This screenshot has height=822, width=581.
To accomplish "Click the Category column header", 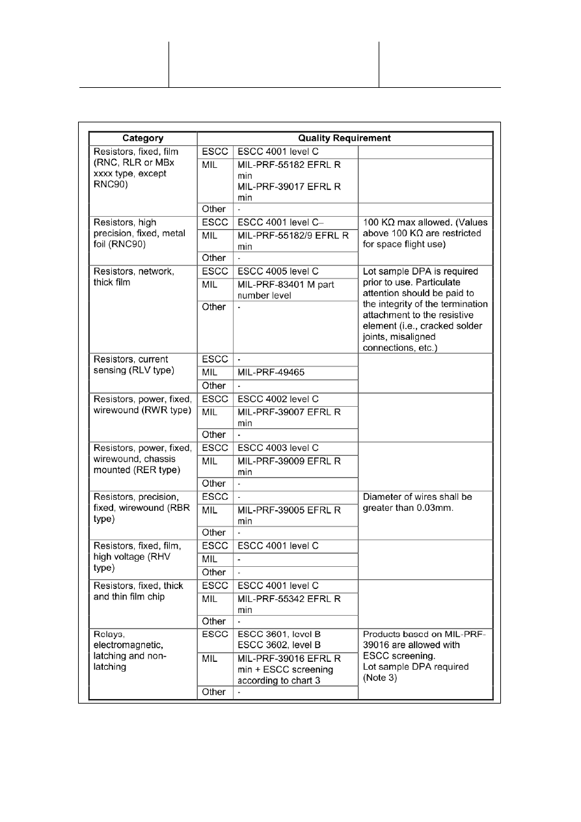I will point(142,138).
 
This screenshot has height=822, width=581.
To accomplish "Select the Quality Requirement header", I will point(345,138).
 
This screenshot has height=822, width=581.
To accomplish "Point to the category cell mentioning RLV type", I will point(142,365).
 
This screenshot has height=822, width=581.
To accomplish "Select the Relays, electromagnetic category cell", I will point(142,651).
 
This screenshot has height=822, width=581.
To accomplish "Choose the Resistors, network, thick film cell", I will point(142,277).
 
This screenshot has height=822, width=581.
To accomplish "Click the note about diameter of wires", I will point(417,502).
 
